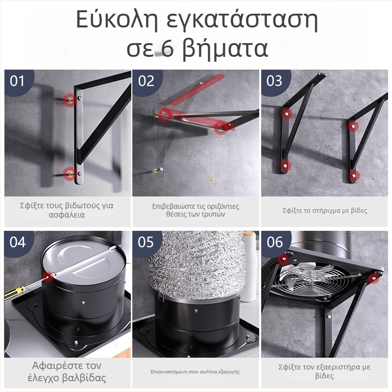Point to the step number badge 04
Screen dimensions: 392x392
coord(17,242)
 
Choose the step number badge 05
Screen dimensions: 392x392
coord(146,242)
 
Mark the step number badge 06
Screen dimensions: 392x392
coord(275,242)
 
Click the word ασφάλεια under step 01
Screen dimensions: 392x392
coord(67,215)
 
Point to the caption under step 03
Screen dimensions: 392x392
coord(324,211)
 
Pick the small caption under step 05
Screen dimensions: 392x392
coord(195,372)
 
